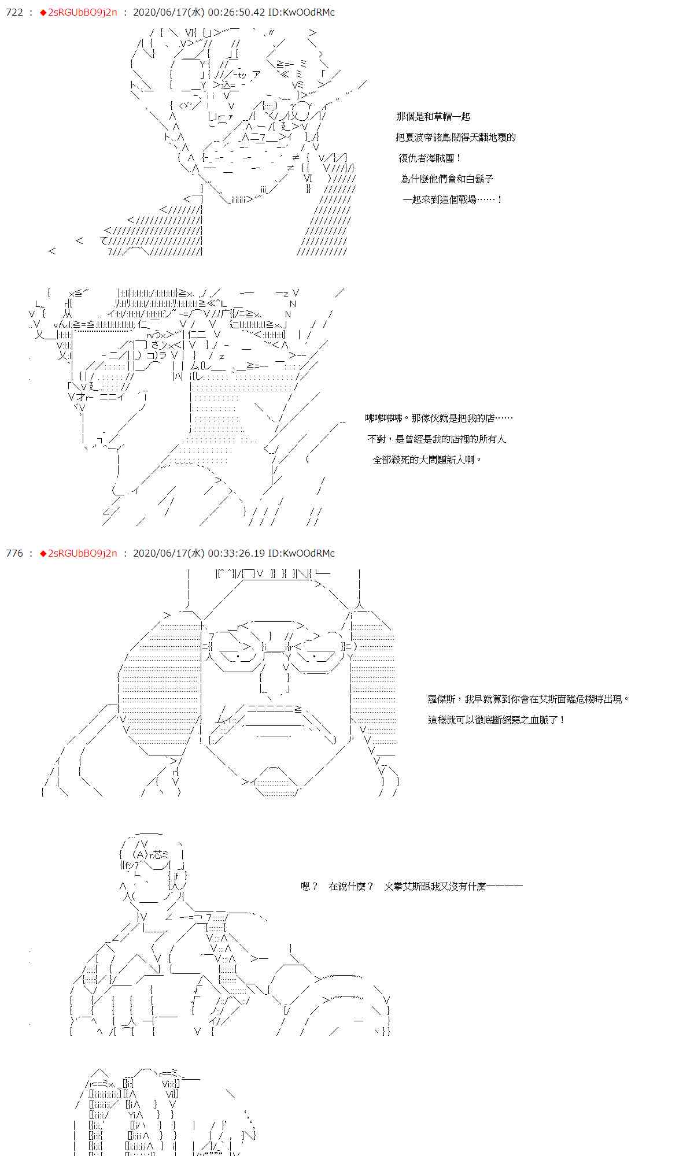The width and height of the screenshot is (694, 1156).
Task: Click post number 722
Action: click(14, 12)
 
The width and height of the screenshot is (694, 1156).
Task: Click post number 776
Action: click(14, 553)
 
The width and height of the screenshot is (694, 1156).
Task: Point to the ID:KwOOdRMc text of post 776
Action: click(301, 553)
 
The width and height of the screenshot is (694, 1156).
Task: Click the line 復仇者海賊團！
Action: click(430, 158)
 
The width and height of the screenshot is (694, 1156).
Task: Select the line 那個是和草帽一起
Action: click(433, 116)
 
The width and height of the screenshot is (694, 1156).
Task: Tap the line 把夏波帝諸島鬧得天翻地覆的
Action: click(456, 137)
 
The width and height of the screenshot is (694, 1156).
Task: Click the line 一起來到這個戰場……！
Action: click(452, 199)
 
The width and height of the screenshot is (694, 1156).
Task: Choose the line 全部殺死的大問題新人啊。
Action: click(427, 460)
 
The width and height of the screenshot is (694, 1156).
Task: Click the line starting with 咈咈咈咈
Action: click(438, 418)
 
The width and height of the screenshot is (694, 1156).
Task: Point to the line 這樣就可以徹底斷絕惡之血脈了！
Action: click(496, 720)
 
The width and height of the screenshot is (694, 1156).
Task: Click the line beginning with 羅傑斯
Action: click(528, 699)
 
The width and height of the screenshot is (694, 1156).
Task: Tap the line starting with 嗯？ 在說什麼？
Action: click(411, 886)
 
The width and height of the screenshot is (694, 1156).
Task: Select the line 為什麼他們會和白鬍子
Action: click(447, 179)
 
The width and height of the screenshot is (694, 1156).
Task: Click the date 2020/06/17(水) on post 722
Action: click(168, 12)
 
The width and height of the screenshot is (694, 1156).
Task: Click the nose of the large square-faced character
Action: click(274, 682)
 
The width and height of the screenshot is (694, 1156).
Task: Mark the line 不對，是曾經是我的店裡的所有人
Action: click(437, 439)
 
